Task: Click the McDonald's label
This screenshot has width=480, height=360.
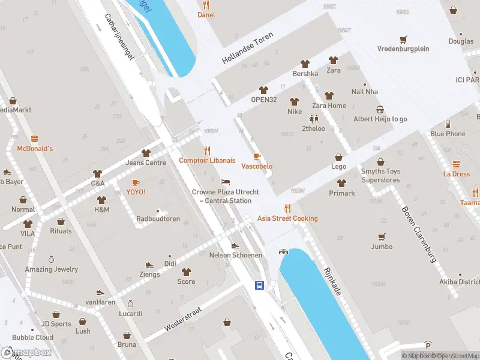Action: pyautogui.click(x=35, y=148)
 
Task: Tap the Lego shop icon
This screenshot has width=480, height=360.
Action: pyautogui.click(x=339, y=157)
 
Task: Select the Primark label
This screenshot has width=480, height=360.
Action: pyautogui.click(x=342, y=193)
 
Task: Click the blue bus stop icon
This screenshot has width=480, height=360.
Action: pyautogui.click(x=260, y=285)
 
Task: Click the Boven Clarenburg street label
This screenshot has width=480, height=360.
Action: pyautogui.click(x=418, y=235)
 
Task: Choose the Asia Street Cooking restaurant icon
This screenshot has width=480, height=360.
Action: pyautogui.click(x=288, y=208)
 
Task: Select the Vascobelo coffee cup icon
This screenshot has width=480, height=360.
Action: pyautogui.click(x=257, y=156)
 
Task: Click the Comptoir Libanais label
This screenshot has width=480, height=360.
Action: pyautogui.click(x=207, y=160)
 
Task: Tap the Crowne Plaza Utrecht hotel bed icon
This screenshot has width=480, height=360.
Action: pyautogui.click(x=225, y=182)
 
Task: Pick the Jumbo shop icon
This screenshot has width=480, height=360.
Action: pyautogui.click(x=382, y=237)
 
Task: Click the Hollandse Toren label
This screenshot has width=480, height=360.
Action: pyautogui.click(x=248, y=48)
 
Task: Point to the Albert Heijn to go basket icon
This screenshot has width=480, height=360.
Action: pyautogui.click(x=380, y=109)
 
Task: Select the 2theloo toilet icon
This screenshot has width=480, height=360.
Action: pyautogui.click(x=313, y=119)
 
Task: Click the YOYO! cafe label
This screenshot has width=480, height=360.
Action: pyautogui.click(x=136, y=192)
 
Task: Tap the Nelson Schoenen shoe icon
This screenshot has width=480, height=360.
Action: pyautogui.click(x=235, y=245)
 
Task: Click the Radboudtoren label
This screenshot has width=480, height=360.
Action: pyautogui.click(x=158, y=219)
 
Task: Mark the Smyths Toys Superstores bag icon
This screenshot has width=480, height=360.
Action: pyautogui.click(x=380, y=162)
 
